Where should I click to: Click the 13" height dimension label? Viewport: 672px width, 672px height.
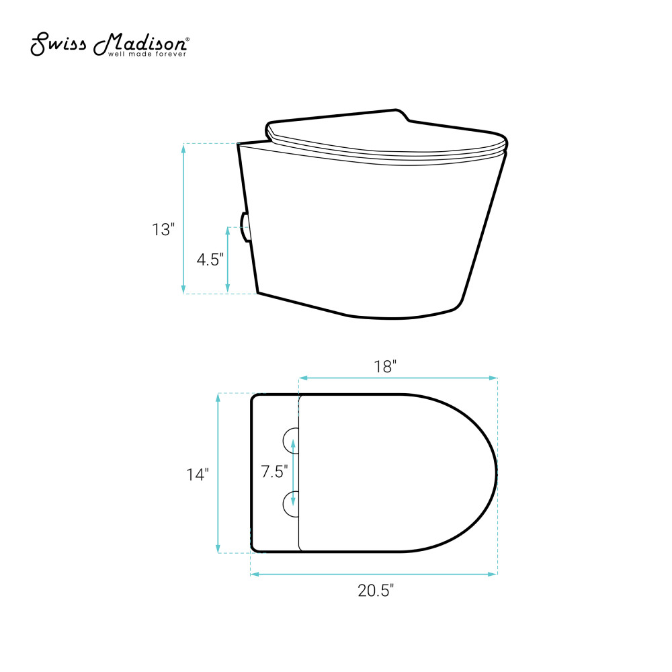tap(163, 230)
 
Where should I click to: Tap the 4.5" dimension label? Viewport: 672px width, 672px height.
tap(210, 259)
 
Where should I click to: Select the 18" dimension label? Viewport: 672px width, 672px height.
tap(385, 366)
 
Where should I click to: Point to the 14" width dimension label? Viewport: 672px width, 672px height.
tap(198, 474)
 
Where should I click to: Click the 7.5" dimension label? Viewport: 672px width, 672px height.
tap(275, 472)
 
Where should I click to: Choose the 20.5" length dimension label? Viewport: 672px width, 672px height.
tap(376, 591)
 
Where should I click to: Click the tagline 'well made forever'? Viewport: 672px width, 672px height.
tap(147, 54)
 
